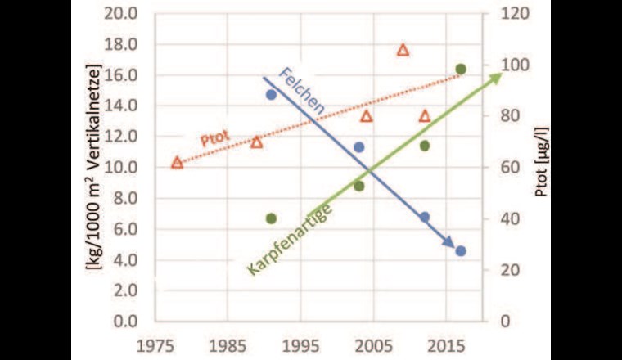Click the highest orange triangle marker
tap(403, 50)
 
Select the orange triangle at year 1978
tap(177, 162)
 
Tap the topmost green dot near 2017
tap(461, 70)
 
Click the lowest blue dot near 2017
tap(461, 251)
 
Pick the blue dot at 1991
tap(272, 95)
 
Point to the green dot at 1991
tap(272, 218)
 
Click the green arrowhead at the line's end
tap(495, 78)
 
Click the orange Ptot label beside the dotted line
tap(214, 137)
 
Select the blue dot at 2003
tap(358, 148)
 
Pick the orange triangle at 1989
tap(257, 142)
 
